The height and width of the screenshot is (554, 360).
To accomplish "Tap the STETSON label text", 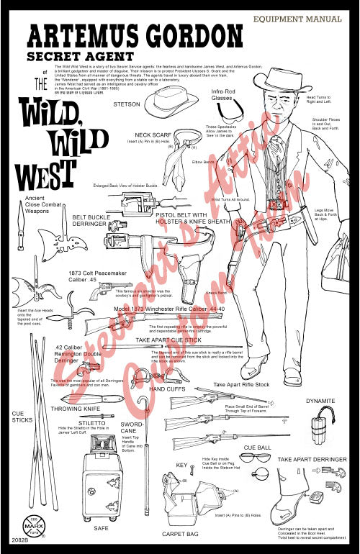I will [127, 104].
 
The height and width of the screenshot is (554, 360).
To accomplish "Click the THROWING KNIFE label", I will [76, 409].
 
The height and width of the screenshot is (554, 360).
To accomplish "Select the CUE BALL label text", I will [257, 447].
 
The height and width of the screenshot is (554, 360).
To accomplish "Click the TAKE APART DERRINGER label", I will [312, 458].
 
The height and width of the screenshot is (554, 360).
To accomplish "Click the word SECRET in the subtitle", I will [54, 56].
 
